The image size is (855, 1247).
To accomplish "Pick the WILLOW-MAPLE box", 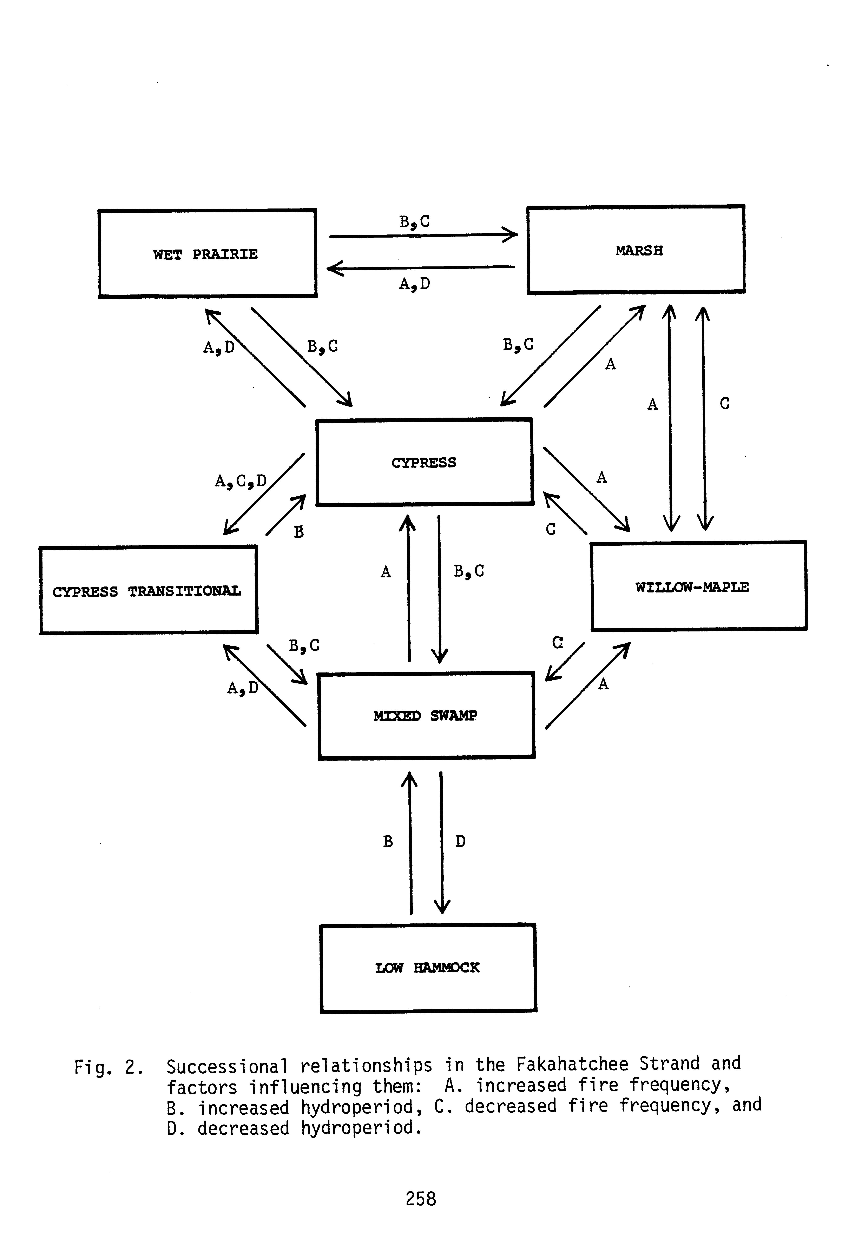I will (x=699, y=586).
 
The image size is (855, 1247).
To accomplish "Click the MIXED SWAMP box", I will (x=426, y=715).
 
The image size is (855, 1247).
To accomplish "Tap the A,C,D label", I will (x=241, y=481).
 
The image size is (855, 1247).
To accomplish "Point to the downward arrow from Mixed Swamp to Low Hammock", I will (x=442, y=842).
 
